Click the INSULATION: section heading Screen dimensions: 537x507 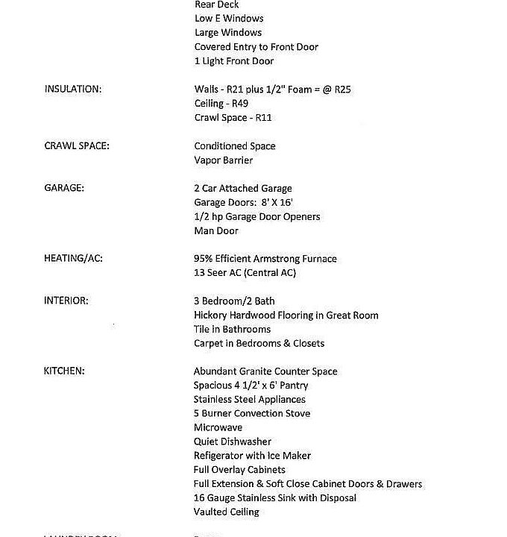[73, 89]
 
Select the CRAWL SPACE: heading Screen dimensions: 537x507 [77, 146]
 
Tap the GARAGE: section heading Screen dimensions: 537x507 [64, 189]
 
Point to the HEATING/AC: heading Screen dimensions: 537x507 [73, 259]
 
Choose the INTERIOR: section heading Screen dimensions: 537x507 [66, 301]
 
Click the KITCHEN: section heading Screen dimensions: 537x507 [64, 371]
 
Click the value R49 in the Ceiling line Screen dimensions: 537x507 [239, 104]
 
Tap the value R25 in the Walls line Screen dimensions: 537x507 [343, 89]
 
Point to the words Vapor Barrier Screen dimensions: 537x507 [224, 160]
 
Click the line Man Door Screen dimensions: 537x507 [216, 231]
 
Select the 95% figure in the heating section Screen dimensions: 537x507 [205, 259]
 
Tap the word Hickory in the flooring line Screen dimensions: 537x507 [211, 315]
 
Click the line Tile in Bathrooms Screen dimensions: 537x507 [232, 330]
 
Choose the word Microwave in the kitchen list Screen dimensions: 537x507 [218, 428]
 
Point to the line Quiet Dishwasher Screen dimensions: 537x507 [233, 442]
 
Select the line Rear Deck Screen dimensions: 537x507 [217, 4]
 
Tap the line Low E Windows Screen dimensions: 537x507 [229, 19]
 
